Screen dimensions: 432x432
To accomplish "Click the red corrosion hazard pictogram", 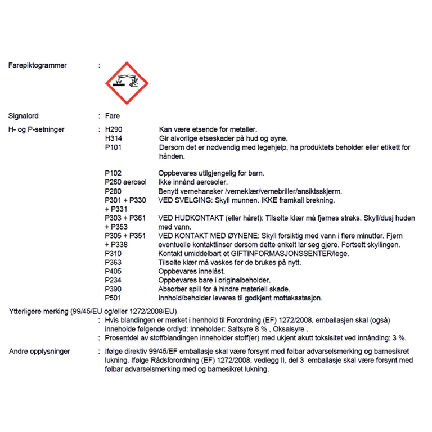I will (x=127, y=83).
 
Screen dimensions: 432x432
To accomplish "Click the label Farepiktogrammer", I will (x=38, y=65).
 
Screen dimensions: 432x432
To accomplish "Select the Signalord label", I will (x=24, y=116).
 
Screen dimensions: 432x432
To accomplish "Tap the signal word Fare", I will (x=112, y=116).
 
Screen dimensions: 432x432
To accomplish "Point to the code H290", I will (x=114, y=129).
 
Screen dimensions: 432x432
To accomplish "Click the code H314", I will (x=114, y=138).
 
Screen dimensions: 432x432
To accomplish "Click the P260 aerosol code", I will (x=125, y=182).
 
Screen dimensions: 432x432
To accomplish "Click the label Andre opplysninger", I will (x=39, y=352).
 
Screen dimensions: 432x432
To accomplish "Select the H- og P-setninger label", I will (x=37, y=129).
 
